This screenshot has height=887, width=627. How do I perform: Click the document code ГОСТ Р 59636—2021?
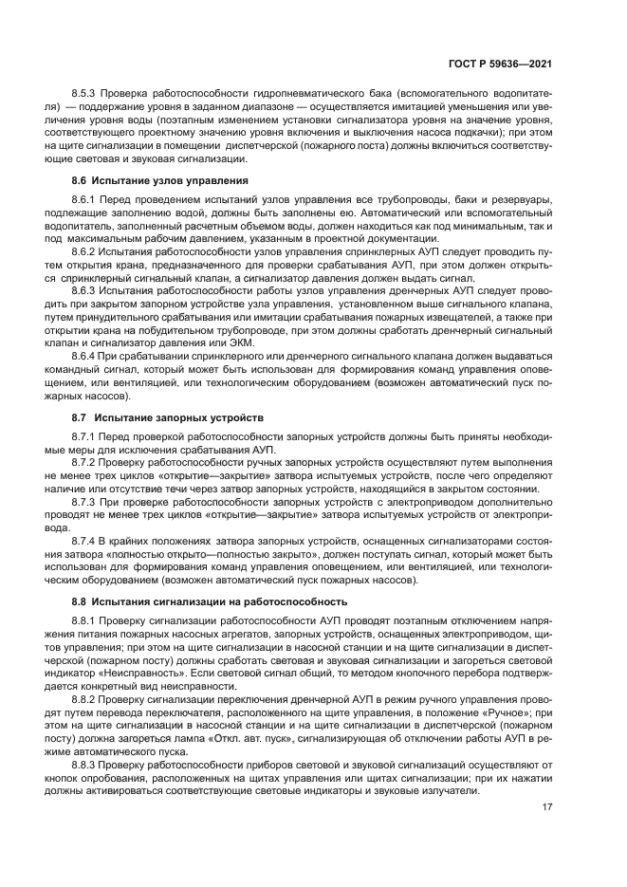pos(506,64)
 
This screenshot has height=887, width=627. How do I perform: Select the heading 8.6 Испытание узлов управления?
pos(147,179)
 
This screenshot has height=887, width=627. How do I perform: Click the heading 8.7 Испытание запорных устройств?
pos(157,417)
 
